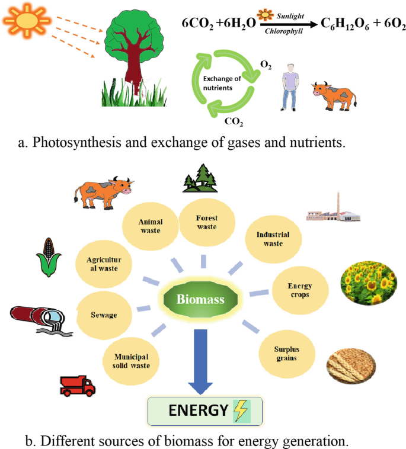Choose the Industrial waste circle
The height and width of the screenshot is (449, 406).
click(x=273, y=239)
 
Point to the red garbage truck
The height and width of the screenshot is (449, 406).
click(x=78, y=386)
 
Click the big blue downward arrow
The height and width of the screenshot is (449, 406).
click(x=202, y=362)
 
